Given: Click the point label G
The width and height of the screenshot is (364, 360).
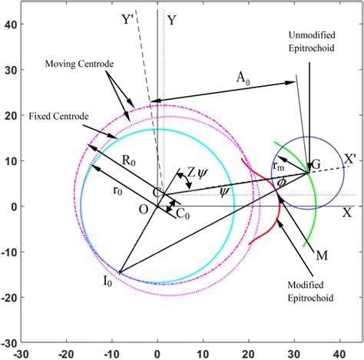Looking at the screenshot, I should tap(314, 165).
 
